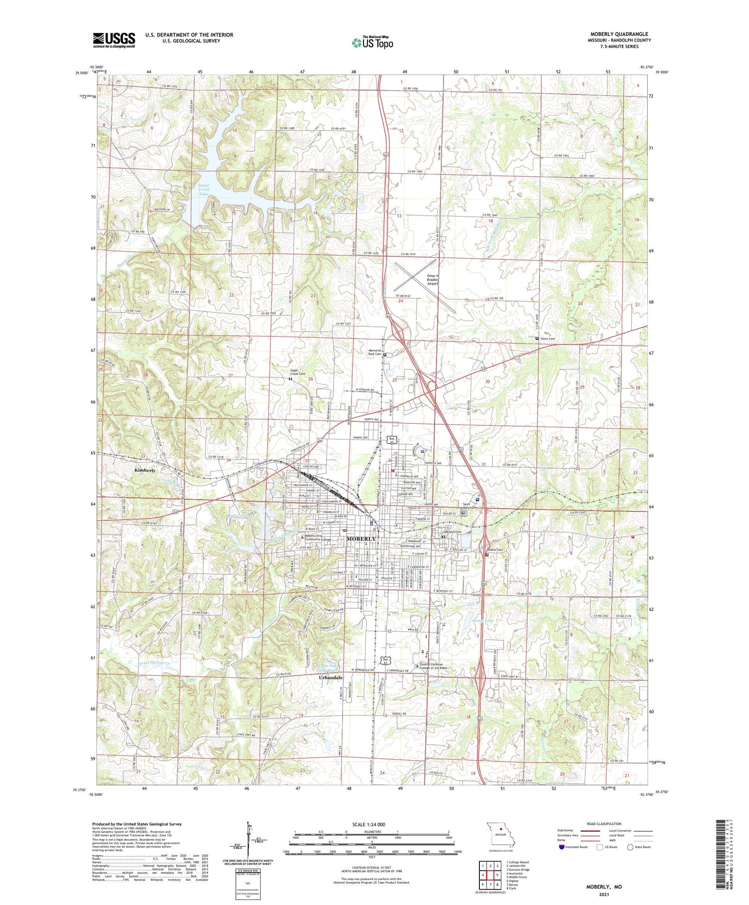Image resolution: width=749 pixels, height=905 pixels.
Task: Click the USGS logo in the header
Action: [114, 40]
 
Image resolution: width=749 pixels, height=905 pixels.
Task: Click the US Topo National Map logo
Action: [372, 42]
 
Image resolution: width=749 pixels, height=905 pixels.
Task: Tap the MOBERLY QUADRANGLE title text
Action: [619, 34]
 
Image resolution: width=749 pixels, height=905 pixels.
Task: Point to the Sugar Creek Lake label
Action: [203, 189]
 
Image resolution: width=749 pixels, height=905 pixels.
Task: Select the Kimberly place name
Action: [145, 470]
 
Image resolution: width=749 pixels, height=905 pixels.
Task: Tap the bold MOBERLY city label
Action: [361, 539]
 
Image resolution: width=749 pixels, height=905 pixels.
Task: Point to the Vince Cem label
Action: [547, 339]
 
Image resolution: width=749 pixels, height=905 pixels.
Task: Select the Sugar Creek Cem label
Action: [298, 372]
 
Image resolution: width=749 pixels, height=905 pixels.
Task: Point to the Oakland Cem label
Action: [451, 532]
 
